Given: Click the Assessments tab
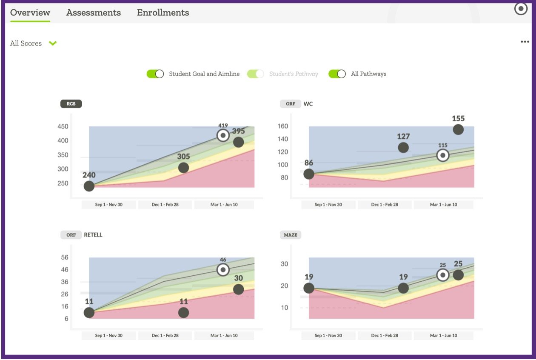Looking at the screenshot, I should [94, 13].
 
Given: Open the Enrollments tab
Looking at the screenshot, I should [163, 13].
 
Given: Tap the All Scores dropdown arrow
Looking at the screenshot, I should [53, 43].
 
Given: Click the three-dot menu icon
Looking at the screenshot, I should [525, 42].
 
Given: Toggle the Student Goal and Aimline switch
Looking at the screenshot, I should [155, 74].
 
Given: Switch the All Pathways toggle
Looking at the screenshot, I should [337, 74].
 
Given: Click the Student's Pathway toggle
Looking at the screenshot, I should [255, 74].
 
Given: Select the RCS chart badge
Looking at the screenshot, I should [71, 104].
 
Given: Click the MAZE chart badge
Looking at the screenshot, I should [291, 235].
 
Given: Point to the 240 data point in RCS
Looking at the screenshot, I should [89, 186].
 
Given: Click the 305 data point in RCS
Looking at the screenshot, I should [183, 168].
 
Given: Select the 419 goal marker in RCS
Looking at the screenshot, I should [223, 135].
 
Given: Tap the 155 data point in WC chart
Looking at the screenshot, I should [458, 129].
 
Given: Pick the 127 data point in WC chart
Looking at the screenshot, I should [403, 147].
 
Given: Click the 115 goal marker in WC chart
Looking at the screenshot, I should [443, 155].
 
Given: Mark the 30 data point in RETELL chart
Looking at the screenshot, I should [239, 289].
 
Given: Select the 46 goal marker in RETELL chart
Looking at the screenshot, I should [223, 270].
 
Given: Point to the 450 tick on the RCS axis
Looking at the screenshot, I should [63, 126].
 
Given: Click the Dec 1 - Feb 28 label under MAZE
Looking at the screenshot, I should [385, 335].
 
